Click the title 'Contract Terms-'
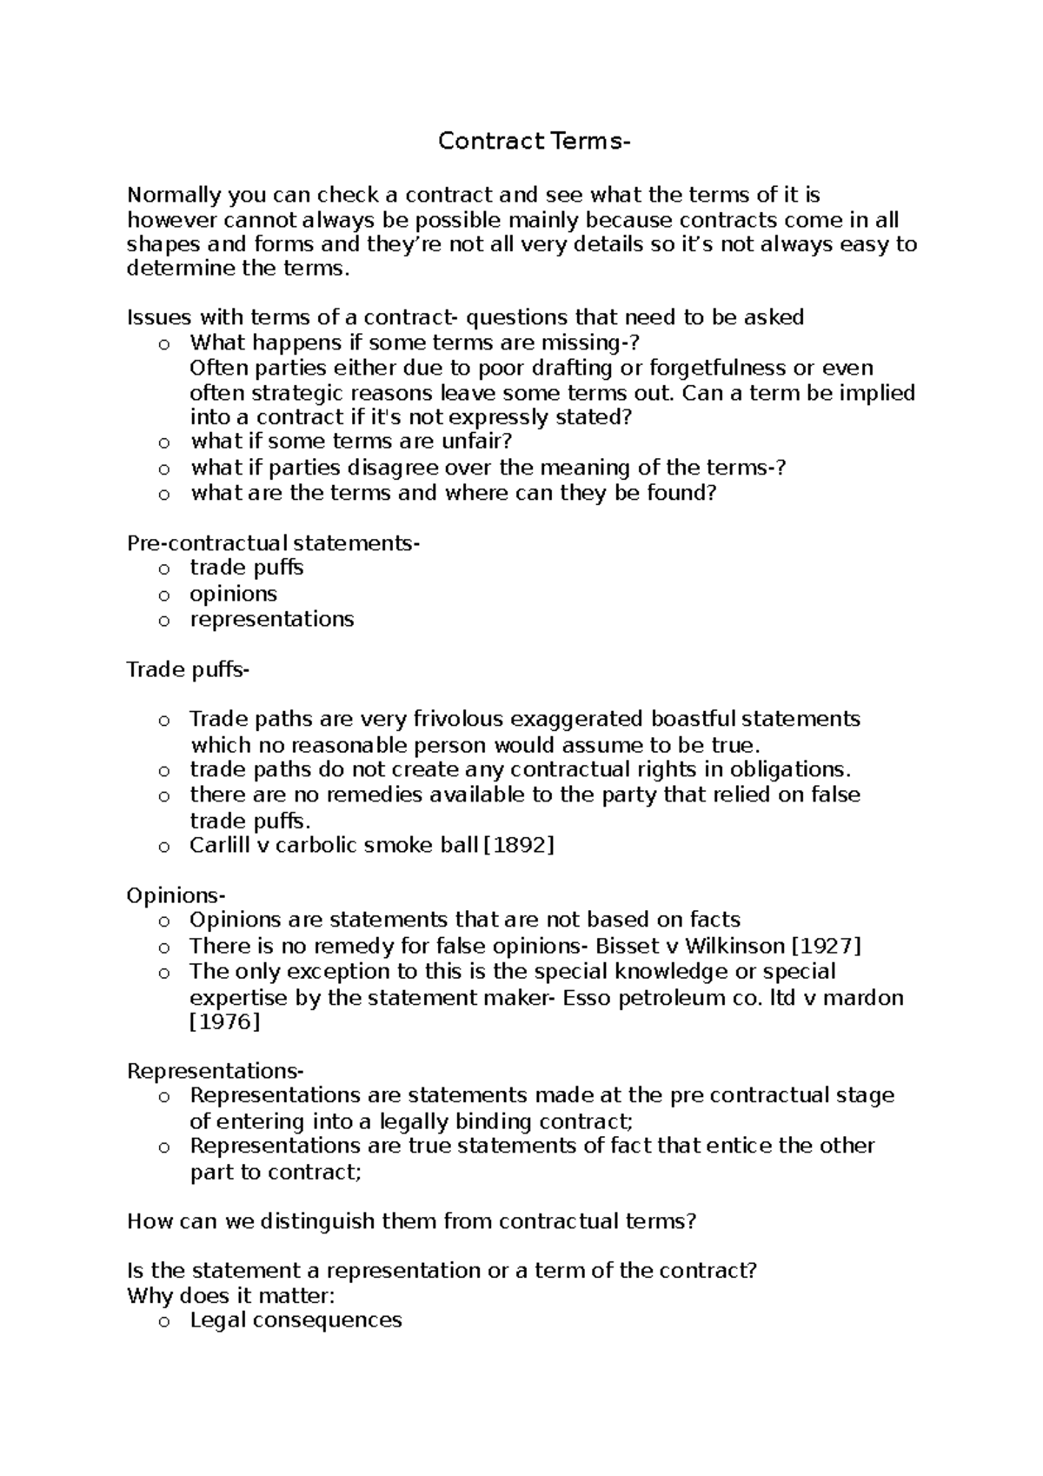pos(531,141)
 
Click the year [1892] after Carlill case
pos(518,845)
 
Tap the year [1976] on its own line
pos(224,1022)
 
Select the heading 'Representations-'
pos(216,1071)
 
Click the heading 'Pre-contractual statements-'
pos(273,544)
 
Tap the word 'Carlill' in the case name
pos(220,845)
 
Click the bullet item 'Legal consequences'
pos(296,1320)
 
